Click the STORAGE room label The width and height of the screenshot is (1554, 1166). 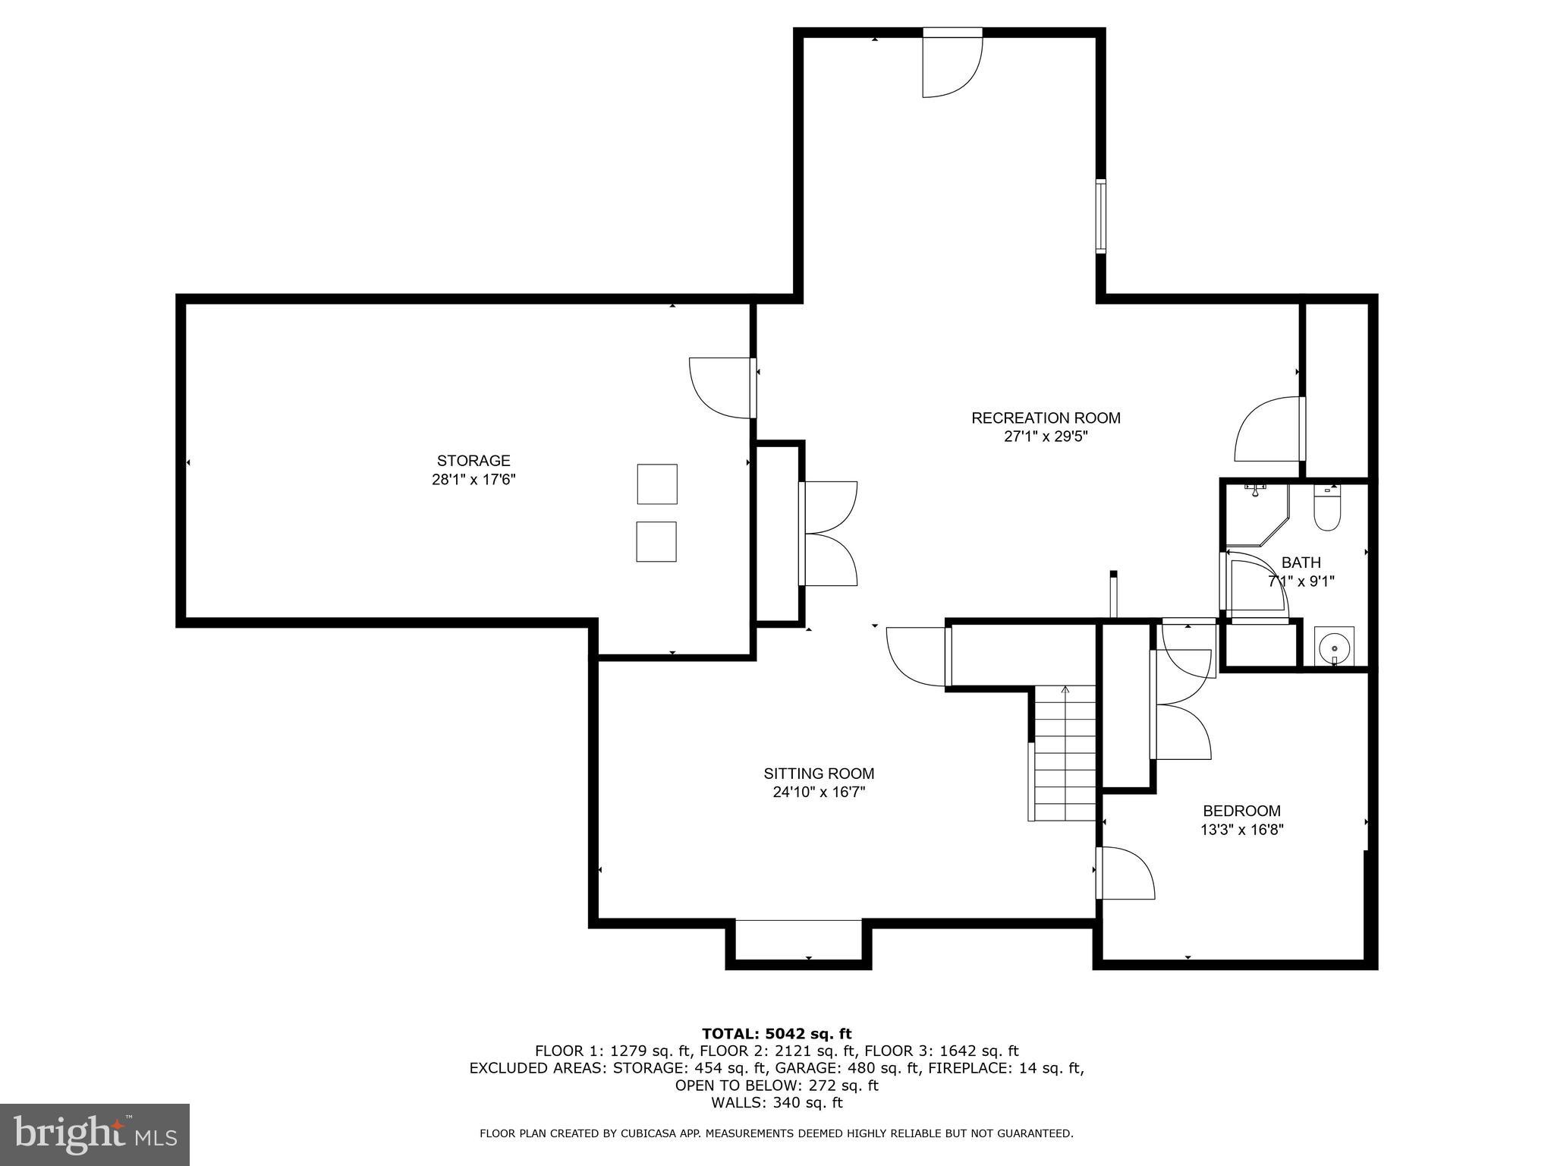click(473, 461)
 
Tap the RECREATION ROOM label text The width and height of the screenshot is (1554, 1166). click(1046, 418)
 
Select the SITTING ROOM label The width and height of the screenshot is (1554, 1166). click(819, 774)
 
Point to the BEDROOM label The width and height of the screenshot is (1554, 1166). click(1241, 811)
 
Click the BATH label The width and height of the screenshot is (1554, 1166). click(1301, 563)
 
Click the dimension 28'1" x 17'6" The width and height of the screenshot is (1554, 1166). click(473, 480)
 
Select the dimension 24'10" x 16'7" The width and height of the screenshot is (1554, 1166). click(819, 793)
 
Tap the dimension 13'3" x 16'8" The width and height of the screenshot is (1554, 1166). click(1241, 830)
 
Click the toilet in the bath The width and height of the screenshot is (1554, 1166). click(1327, 509)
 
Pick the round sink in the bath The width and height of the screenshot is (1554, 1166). click(1334, 648)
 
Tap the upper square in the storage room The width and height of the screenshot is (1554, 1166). click(656, 484)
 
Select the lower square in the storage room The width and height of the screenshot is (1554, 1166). click(656, 541)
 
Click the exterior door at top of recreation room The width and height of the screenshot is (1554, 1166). click(952, 65)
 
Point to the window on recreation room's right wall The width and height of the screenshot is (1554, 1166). click(1099, 216)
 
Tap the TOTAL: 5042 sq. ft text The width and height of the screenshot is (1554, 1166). click(776, 1033)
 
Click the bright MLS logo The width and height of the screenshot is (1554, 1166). click(95, 1135)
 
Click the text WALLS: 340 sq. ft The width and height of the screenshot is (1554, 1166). click(776, 1102)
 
